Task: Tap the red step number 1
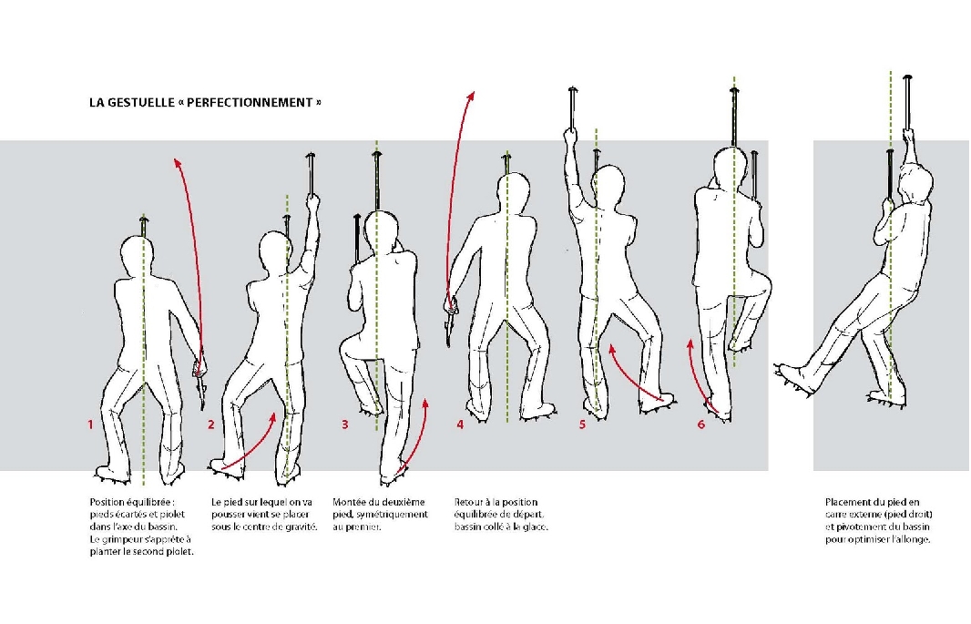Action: coord(90,425)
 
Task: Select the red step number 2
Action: coord(211,425)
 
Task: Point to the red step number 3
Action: coord(344,425)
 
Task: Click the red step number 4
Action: coord(460,425)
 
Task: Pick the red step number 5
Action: coord(581,425)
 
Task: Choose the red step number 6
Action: coord(700,425)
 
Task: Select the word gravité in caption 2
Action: coord(302,527)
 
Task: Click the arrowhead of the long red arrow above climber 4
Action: coord(472,93)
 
